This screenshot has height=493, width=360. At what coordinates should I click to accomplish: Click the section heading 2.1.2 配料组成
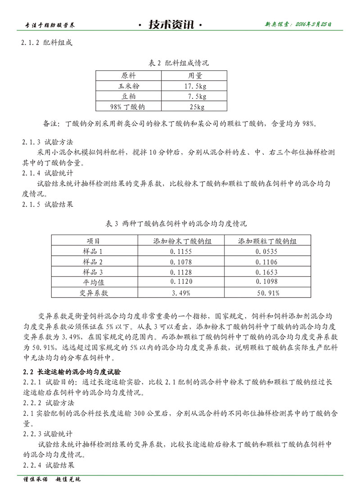click(x=47, y=43)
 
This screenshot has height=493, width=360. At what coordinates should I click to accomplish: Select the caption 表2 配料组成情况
click(x=179, y=63)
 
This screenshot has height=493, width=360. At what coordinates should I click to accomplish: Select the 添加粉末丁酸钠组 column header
click(x=182, y=241)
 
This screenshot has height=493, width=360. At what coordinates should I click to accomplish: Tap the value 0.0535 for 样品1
click(x=267, y=251)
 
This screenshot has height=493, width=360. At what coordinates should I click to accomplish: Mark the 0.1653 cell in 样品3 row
click(x=267, y=272)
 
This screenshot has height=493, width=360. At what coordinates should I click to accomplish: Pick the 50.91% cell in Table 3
click(x=267, y=293)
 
